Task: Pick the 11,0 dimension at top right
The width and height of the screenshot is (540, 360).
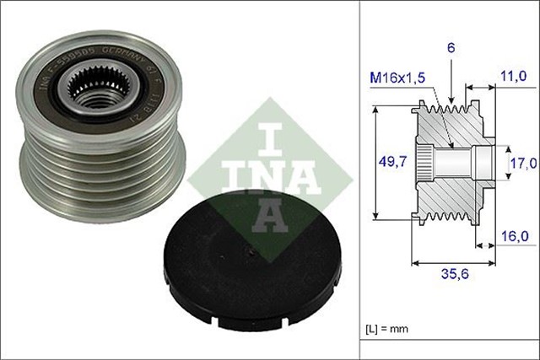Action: tap(513, 75)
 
